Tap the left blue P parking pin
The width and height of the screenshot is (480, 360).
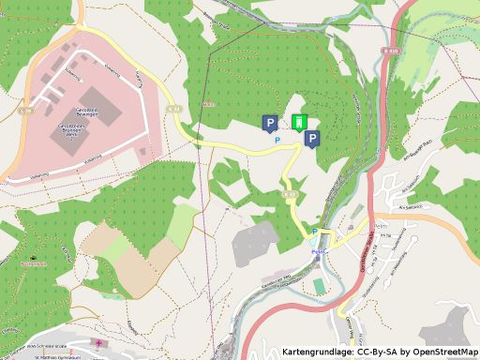pos(269,122)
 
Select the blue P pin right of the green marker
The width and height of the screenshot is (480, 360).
pos(312,139)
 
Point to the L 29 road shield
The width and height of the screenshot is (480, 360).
pos(25,111)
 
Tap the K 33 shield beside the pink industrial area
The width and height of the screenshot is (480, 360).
pos(173,109)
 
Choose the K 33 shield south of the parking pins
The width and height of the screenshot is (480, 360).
pos(290,194)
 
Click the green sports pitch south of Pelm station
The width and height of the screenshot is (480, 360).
pos(318,284)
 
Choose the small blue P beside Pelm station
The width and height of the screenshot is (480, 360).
pos(315,231)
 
